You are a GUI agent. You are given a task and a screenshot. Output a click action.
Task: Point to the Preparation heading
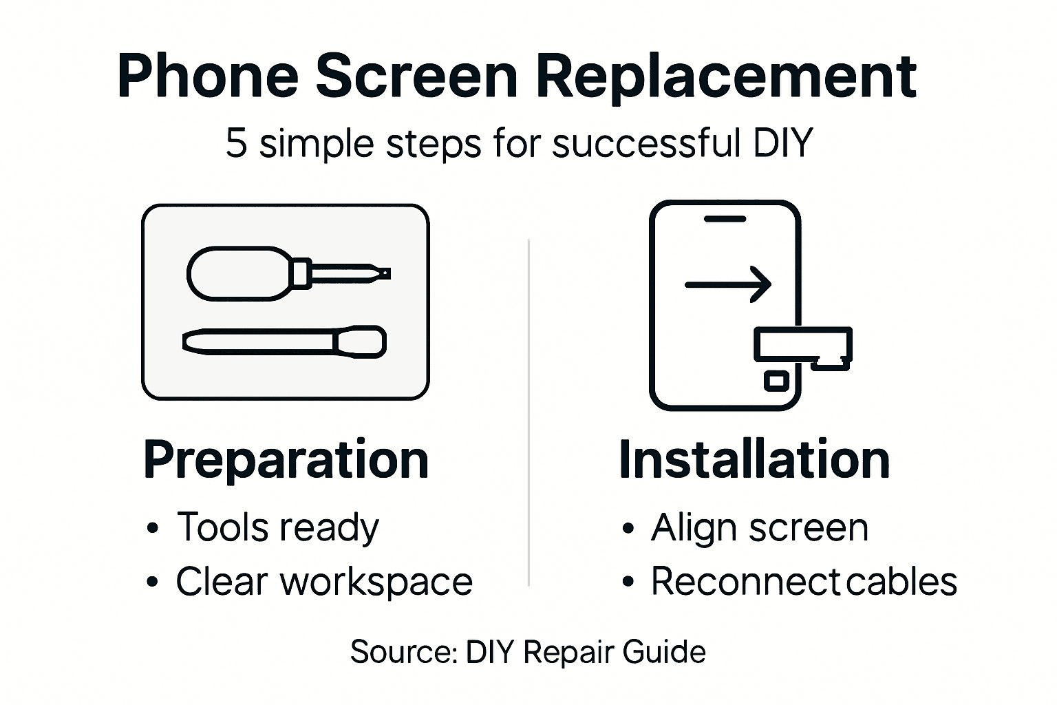286,460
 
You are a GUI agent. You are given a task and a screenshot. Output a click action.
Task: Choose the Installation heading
754,460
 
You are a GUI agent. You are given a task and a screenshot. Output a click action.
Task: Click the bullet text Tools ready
277,528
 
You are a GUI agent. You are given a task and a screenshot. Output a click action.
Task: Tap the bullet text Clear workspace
324,582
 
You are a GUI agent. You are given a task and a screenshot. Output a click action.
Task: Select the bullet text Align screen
760,528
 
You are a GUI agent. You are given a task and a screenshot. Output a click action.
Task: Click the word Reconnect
745,582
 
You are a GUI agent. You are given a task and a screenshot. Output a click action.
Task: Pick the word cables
901,582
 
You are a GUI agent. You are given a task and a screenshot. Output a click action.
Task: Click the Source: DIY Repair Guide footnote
528,651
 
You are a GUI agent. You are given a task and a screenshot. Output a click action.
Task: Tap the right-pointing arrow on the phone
728,284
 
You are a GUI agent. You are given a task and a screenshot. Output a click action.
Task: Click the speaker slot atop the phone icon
725,219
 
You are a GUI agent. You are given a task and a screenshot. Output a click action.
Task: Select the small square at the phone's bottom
776,380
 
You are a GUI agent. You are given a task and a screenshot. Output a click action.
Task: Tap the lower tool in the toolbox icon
284,341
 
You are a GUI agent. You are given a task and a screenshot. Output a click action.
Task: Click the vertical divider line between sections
528,413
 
